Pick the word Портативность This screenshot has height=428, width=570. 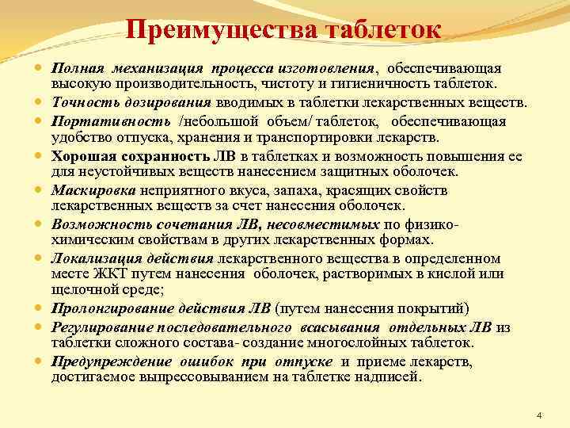coord(111,121)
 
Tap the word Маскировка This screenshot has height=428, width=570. coord(94,191)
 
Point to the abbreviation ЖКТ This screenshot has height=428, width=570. coord(101,273)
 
